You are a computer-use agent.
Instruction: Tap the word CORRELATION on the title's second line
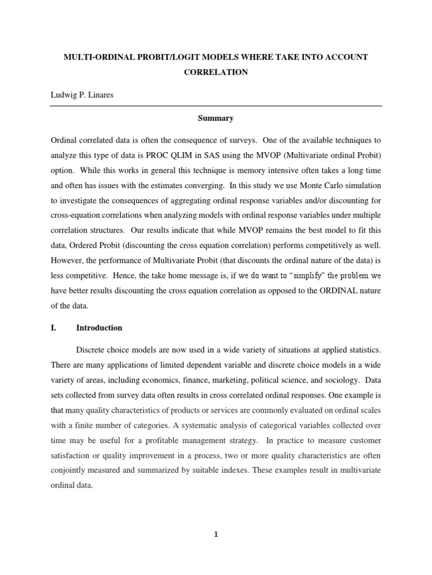[216, 72]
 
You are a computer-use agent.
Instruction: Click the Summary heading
[215, 118]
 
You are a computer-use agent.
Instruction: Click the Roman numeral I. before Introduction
[54, 328]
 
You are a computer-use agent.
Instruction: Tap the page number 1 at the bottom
[216, 535]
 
